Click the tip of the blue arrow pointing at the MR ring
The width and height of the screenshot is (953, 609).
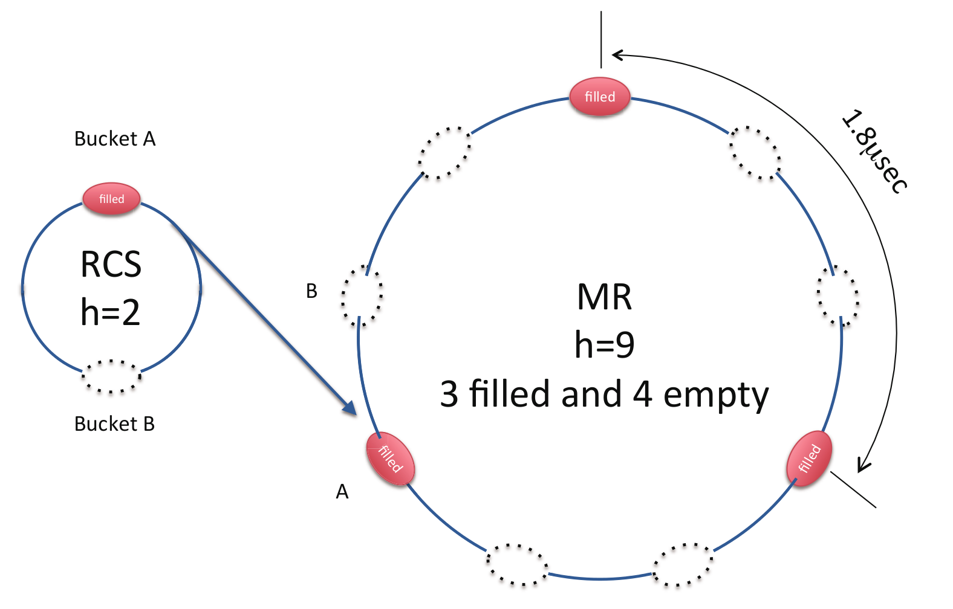click(356, 414)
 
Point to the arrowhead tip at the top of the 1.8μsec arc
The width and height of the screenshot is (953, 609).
click(613, 54)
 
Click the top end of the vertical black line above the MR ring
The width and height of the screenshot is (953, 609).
click(601, 11)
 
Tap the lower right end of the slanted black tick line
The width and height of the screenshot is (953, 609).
click(876, 507)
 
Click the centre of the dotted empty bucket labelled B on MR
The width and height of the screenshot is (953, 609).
click(362, 295)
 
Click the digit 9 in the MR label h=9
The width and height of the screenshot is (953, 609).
click(625, 344)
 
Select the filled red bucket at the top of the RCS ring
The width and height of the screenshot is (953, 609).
click(111, 198)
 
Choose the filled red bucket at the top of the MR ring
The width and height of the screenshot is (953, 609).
click(600, 97)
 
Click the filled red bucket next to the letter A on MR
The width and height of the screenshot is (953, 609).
click(390, 459)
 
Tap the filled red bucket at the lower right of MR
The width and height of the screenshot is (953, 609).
click(808, 458)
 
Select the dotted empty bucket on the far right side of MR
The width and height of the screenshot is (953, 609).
click(838, 296)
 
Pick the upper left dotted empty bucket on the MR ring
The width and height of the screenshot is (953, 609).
click(444, 153)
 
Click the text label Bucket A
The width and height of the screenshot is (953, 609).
click(115, 138)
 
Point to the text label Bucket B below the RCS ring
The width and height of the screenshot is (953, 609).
click(114, 424)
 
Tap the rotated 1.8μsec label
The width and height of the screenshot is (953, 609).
click(875, 151)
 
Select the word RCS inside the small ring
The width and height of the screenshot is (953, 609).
click(111, 265)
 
